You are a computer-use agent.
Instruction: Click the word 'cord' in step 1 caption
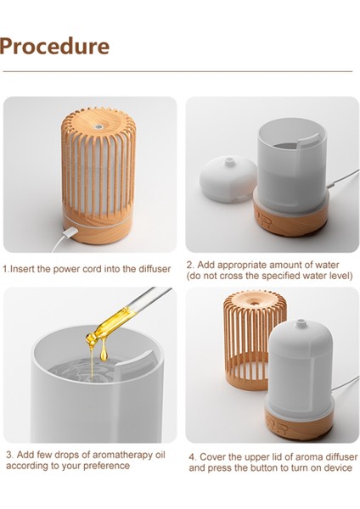pyautogui.click(x=97, y=269)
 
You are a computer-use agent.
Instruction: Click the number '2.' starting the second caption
pyautogui.click(x=191, y=265)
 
